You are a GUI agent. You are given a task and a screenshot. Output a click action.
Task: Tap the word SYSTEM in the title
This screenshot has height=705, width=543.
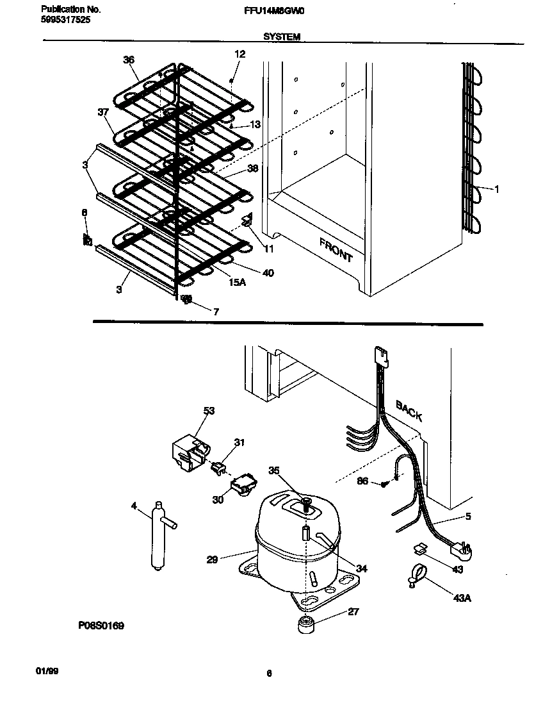click(282, 37)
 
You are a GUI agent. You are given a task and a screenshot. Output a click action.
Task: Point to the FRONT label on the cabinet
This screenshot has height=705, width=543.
click(336, 249)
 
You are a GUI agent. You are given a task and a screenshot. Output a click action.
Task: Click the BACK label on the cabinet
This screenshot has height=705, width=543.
click(409, 410)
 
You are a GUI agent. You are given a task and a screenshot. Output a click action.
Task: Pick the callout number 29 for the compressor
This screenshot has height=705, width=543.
click(213, 559)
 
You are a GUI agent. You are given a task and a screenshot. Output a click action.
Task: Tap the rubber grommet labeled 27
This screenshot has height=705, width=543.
click(306, 624)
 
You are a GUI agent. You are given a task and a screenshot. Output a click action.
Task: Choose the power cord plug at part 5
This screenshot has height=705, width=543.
click(463, 550)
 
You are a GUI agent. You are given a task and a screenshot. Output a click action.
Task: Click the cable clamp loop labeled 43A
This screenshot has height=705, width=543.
click(416, 574)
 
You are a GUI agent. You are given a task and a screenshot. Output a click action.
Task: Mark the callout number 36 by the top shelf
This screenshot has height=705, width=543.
click(129, 60)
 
